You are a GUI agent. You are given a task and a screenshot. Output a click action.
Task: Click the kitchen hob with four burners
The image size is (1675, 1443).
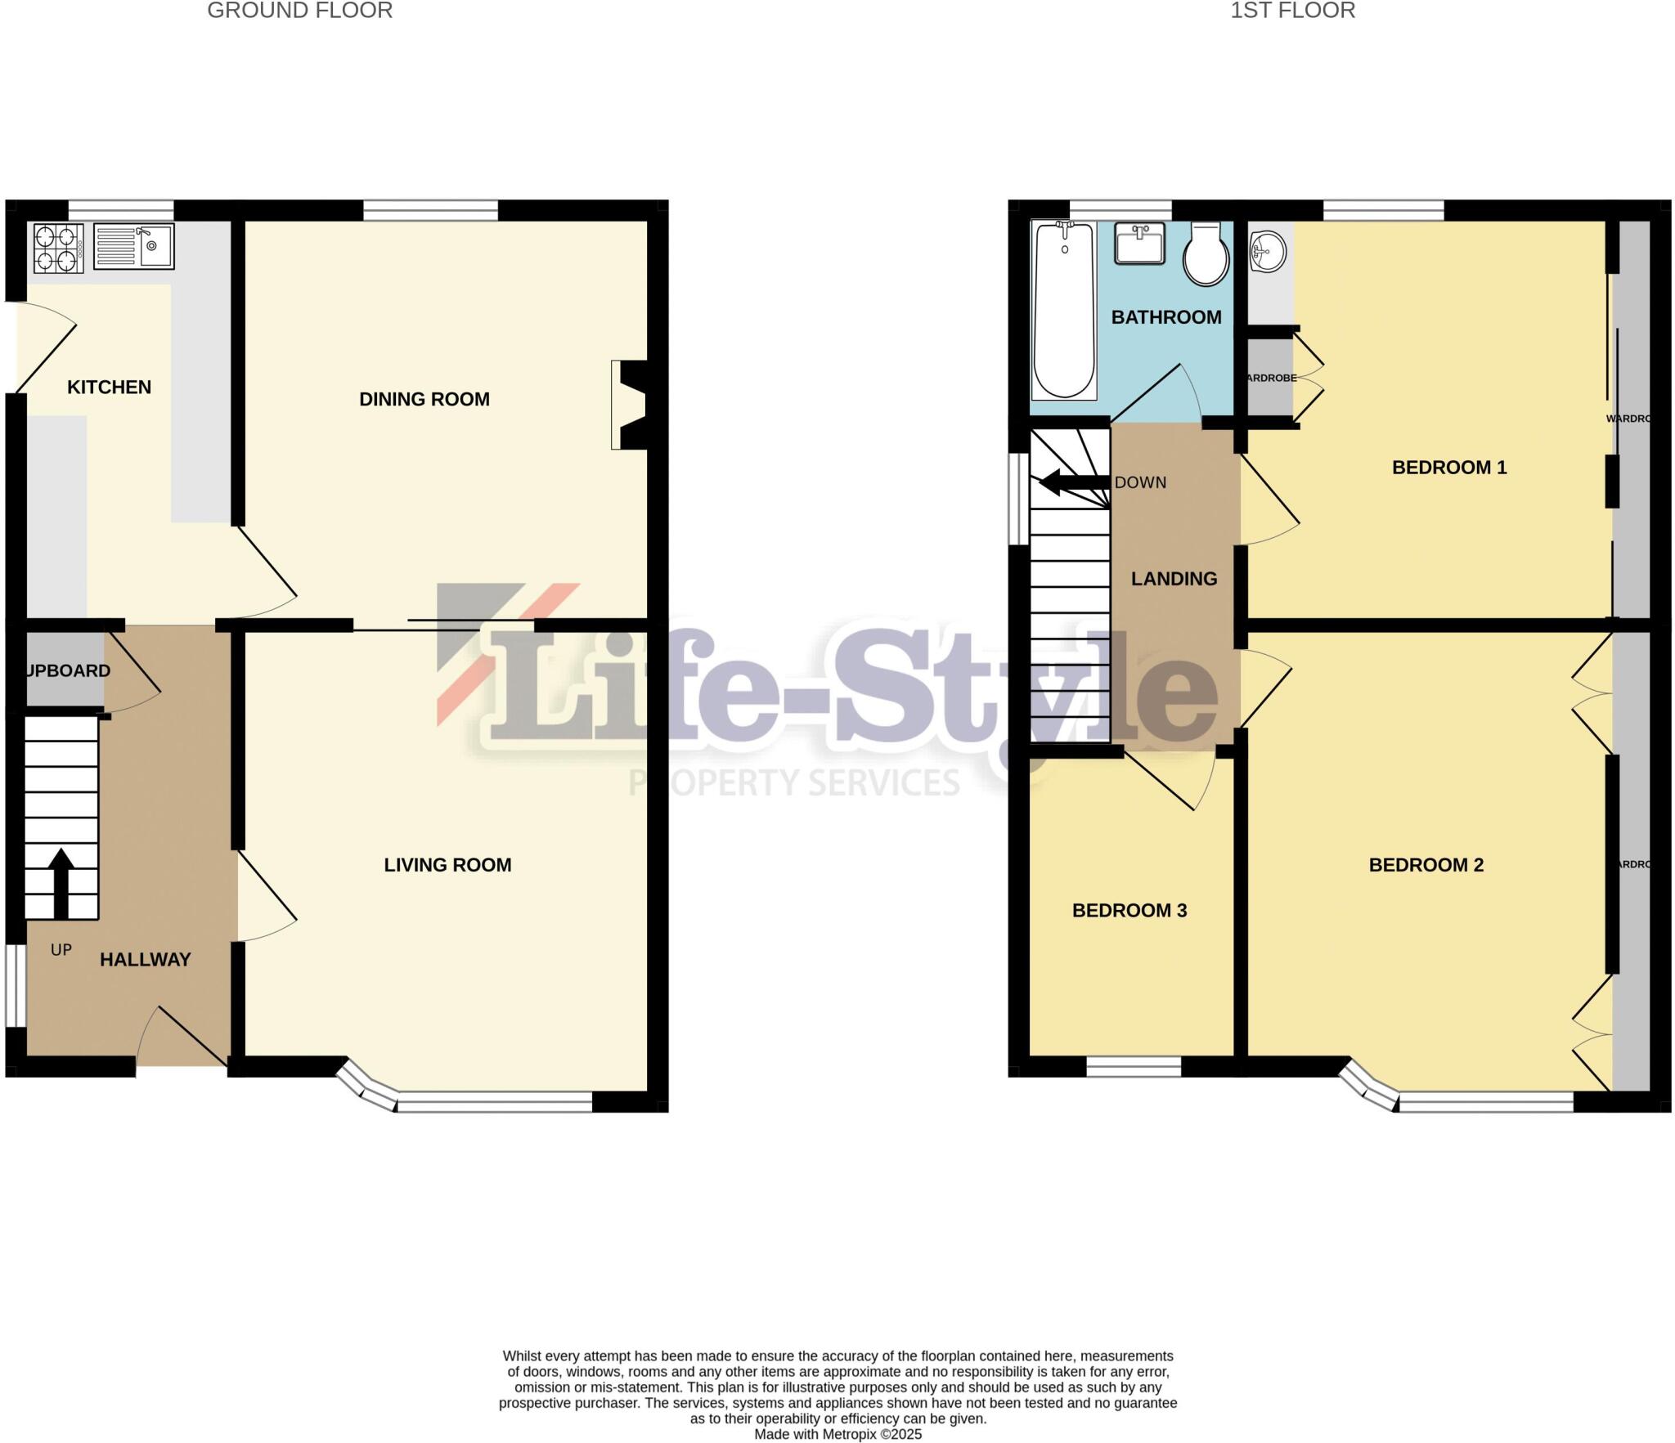click(x=58, y=248)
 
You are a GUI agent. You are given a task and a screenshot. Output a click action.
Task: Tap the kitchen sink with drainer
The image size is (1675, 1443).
click(x=133, y=246)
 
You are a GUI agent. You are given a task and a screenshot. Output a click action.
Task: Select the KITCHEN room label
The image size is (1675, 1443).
click(x=109, y=388)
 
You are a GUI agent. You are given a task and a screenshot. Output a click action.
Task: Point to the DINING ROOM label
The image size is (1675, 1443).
click(x=424, y=400)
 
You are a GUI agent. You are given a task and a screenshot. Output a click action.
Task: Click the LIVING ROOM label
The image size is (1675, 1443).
click(x=447, y=865)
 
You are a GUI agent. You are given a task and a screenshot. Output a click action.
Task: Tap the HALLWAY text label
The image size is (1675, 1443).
click(x=145, y=960)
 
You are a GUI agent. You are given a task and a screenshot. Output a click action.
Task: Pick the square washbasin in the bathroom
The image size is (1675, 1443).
click(x=1140, y=243)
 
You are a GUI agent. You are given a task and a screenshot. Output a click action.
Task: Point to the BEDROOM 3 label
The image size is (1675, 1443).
click(x=1129, y=911)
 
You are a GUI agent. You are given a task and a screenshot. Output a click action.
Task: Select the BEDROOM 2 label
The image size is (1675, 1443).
click(x=1426, y=865)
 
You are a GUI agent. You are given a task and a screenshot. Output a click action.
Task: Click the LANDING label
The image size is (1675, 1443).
click(x=1174, y=580)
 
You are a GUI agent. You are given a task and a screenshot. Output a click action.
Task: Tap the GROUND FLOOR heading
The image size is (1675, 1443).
click(x=299, y=11)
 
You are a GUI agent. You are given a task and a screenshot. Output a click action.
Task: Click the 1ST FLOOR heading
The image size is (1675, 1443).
click(x=1292, y=11)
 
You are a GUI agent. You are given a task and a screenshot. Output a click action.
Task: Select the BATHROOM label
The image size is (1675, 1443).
click(x=1165, y=317)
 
